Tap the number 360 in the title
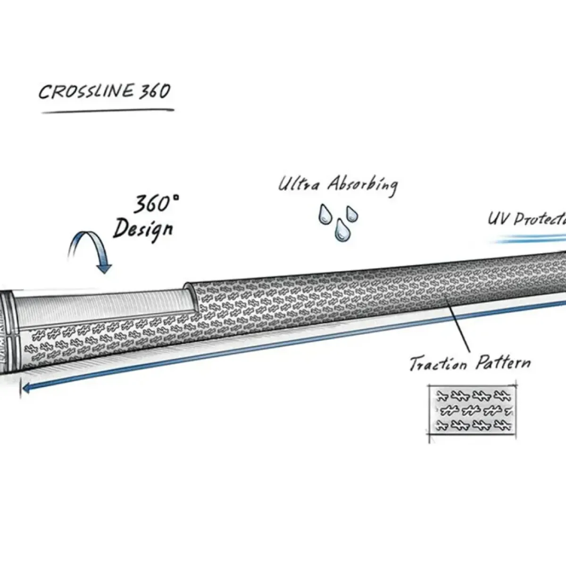[154, 91]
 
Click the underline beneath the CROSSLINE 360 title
[108, 111]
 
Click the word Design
[143, 229]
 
